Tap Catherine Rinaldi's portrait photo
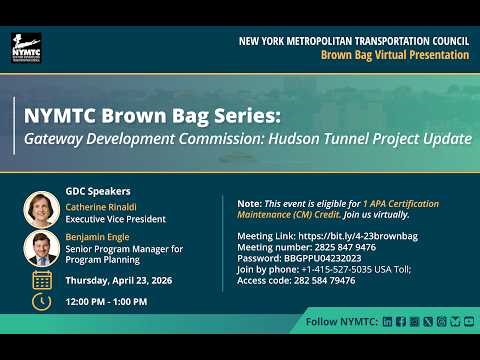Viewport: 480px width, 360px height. (x=41, y=209)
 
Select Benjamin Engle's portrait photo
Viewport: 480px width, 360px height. (x=41, y=247)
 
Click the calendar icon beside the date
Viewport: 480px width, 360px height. (x=42, y=280)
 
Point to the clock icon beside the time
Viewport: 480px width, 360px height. (x=42, y=301)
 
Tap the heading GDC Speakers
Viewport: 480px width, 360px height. (x=98, y=190)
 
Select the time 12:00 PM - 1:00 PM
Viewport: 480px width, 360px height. (x=106, y=301)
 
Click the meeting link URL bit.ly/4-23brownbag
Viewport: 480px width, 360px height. (x=344, y=236)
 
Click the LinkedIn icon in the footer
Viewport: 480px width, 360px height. (x=387, y=322)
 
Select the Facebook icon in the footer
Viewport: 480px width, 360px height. (x=401, y=322)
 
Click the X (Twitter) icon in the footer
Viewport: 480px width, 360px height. (x=428, y=322)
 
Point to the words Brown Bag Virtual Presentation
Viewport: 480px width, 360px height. (x=394, y=55)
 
